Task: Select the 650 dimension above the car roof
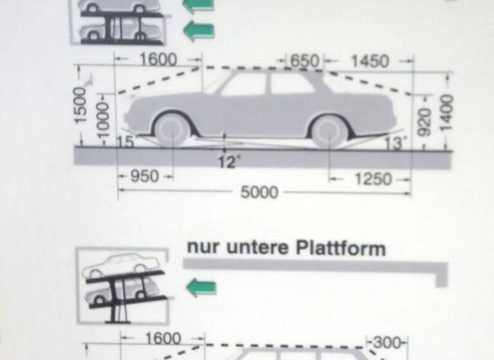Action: coord(304,61)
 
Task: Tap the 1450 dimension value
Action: coord(370,61)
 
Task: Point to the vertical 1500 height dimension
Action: coord(79,105)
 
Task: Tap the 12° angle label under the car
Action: coord(226,162)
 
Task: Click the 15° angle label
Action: coord(125,142)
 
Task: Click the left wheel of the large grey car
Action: coord(172,130)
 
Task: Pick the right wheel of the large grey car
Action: coord(329,131)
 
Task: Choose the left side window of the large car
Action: coord(244,85)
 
